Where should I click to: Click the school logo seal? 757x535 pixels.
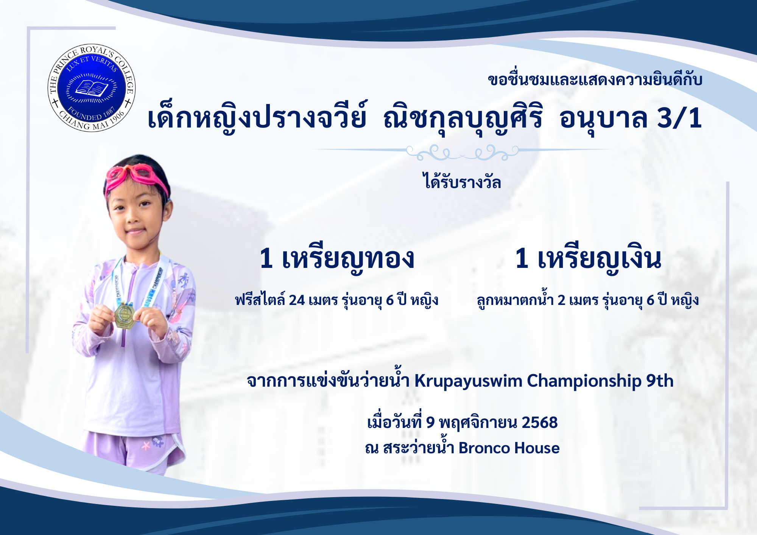click(91, 88)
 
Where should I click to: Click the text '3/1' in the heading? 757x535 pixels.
click(679, 118)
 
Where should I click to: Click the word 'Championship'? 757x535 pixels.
click(584, 381)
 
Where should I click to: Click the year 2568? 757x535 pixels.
click(539, 423)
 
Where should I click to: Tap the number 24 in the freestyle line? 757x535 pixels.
click(297, 300)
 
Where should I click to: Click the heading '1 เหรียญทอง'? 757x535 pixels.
click(337, 260)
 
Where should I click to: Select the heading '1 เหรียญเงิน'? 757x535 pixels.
click(588, 260)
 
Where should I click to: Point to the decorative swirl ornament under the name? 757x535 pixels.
click(462, 152)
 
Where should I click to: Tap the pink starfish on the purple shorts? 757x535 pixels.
click(146, 446)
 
